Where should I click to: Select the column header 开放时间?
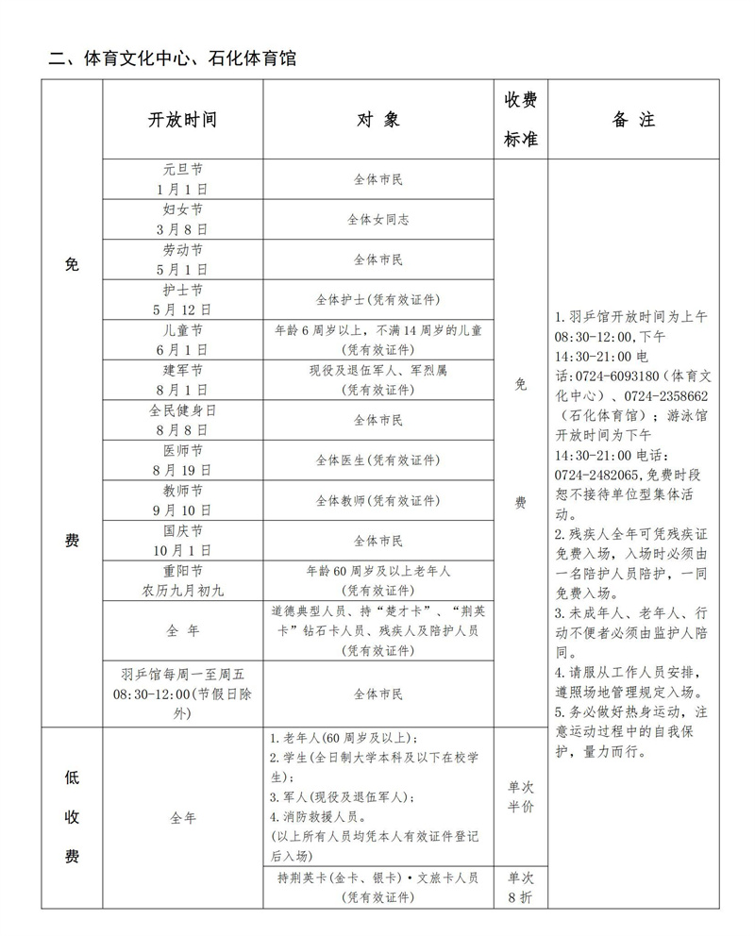[182, 120]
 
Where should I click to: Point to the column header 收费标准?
[520, 120]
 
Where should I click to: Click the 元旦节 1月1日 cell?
[182, 178]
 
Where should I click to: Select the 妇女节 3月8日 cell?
[182, 219]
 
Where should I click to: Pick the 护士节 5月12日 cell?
[182, 299]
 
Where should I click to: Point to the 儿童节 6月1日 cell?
[182, 340]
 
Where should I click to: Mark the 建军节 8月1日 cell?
[182, 379]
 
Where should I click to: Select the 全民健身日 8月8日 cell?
[182, 420]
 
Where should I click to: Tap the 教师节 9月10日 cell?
[182, 500]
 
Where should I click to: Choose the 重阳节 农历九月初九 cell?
[182, 580]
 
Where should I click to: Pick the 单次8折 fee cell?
[520, 887]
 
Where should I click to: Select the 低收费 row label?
[72, 816]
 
